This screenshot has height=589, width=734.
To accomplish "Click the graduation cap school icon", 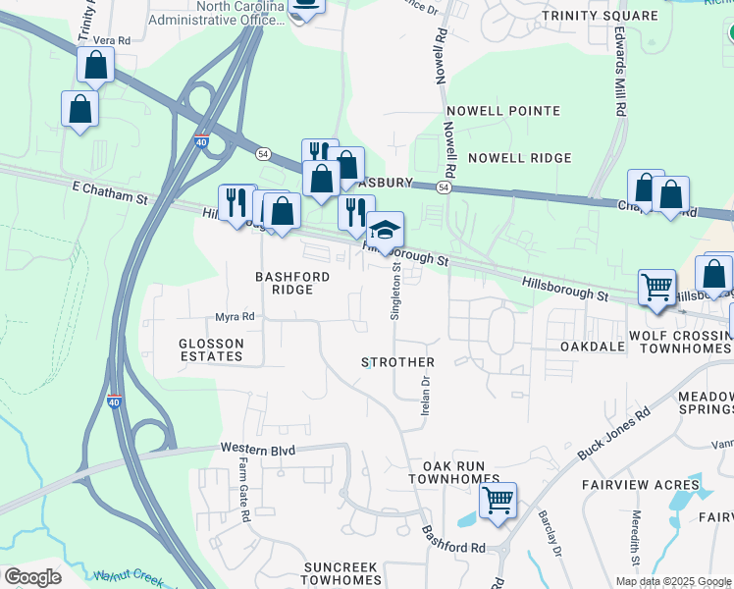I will tap(385, 231).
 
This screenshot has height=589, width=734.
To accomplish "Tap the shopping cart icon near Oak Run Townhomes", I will tap(498, 500).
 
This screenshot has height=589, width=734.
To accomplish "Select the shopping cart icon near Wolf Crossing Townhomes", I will tap(656, 287).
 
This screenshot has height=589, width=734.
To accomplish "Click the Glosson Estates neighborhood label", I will tap(211, 348).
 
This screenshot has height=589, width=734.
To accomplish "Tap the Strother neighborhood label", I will tap(397, 362).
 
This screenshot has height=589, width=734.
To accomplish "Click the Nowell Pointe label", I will tap(514, 112).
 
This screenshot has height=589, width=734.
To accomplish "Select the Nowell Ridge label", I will tap(519, 158).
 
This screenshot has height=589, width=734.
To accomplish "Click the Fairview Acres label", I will tap(641, 485).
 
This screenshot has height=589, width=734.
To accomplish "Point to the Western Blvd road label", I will tap(258, 448).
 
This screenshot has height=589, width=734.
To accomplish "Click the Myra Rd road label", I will tap(235, 317).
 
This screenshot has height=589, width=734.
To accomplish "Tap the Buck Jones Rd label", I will tap(615, 429).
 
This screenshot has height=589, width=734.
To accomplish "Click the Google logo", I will tap(32, 577).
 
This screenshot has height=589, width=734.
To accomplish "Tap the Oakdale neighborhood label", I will tap(592, 348).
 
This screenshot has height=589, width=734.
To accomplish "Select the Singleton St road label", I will tap(396, 290).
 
